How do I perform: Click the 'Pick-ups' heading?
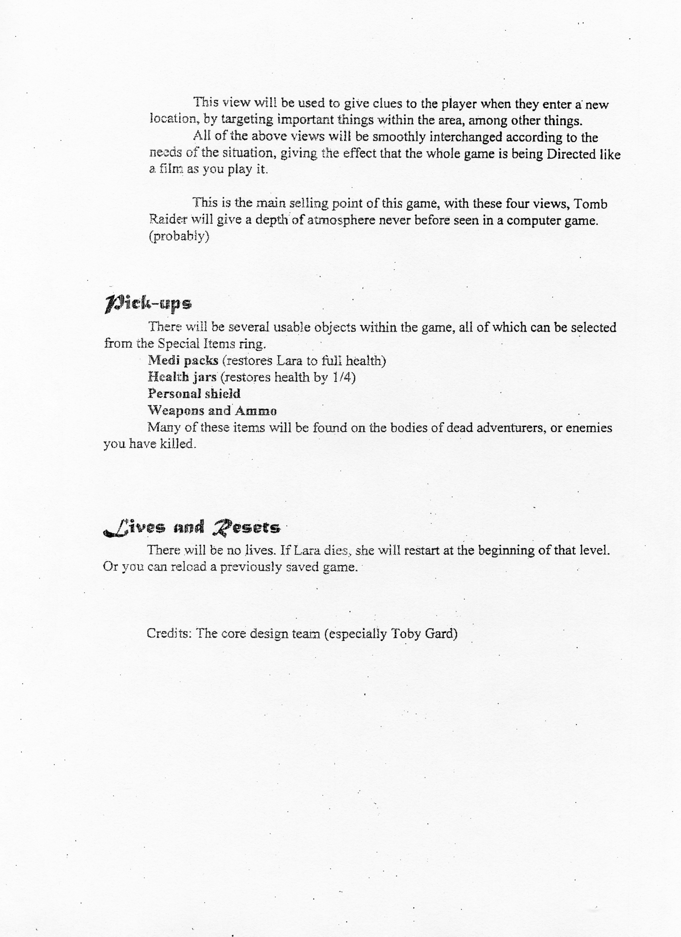(148, 304)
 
